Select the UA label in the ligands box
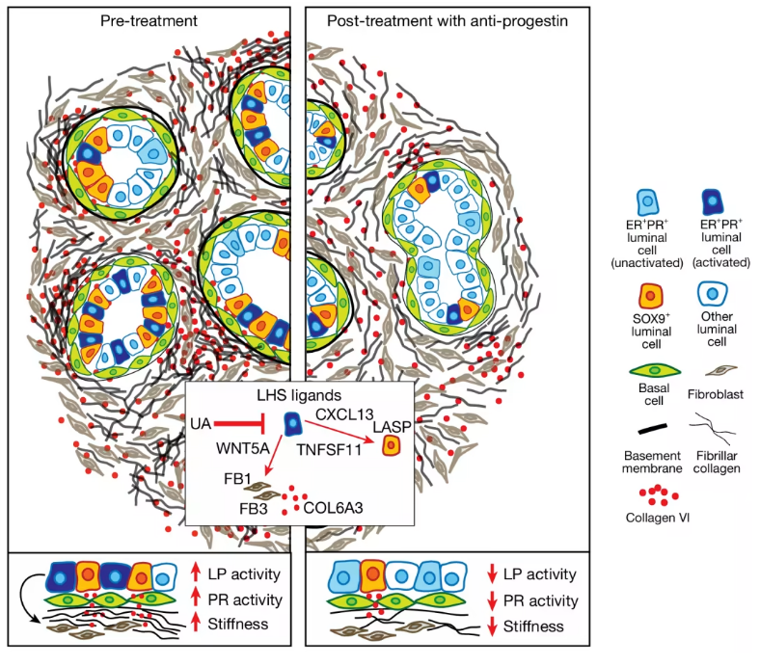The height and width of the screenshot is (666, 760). pyautogui.click(x=201, y=423)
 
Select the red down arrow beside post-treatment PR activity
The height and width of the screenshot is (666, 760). pyautogui.click(x=492, y=601)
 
